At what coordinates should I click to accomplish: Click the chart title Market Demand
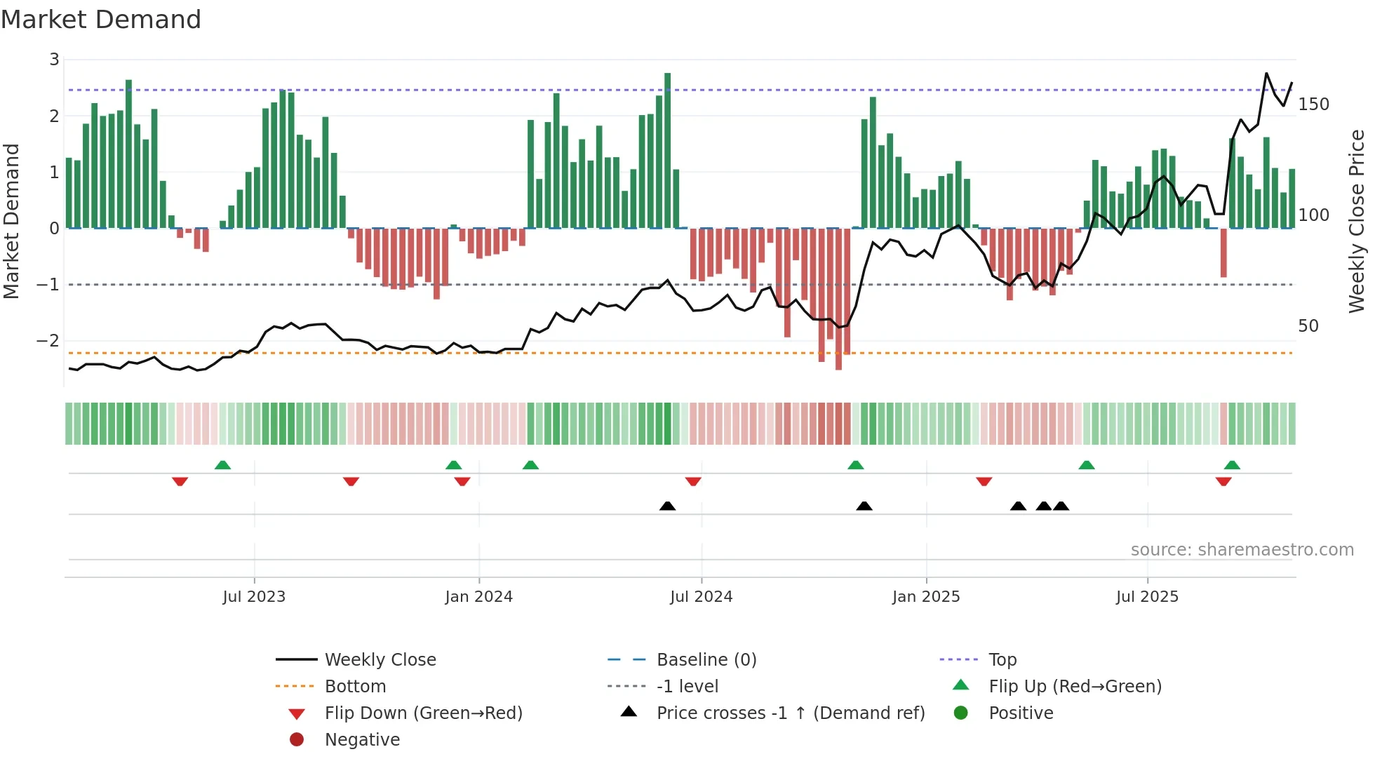point(101,20)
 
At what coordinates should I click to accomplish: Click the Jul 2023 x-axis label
point(254,597)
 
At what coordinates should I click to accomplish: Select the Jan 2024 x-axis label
point(478,597)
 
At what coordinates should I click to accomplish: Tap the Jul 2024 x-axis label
point(701,597)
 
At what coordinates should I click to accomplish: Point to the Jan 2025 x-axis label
point(926,597)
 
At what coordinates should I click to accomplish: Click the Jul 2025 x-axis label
point(1147,597)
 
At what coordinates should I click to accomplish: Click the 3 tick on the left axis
point(54,60)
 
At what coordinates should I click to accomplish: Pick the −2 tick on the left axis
point(48,341)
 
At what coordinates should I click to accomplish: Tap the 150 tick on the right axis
point(1313,105)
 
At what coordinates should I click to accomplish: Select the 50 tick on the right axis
point(1308,326)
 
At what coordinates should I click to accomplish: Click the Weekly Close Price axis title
point(1357,221)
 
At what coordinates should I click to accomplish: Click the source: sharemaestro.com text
point(1242,550)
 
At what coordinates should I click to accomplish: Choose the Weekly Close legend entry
point(380,660)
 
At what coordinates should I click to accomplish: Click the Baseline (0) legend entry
point(706,660)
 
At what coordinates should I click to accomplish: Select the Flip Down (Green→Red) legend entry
point(423,713)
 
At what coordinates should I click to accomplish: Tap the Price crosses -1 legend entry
point(790,713)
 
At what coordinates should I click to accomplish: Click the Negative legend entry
point(362,740)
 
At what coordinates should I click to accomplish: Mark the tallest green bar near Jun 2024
point(667,151)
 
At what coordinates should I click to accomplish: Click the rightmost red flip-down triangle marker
point(1223,481)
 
